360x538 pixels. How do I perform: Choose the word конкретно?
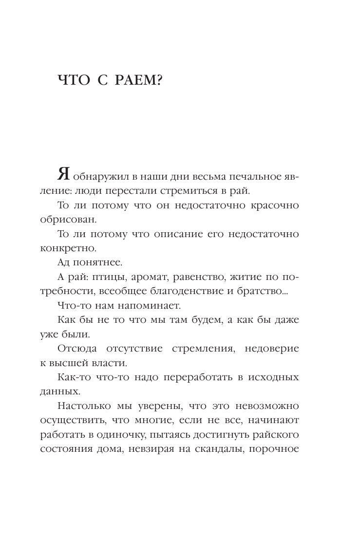67,248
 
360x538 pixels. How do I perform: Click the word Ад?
64,263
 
